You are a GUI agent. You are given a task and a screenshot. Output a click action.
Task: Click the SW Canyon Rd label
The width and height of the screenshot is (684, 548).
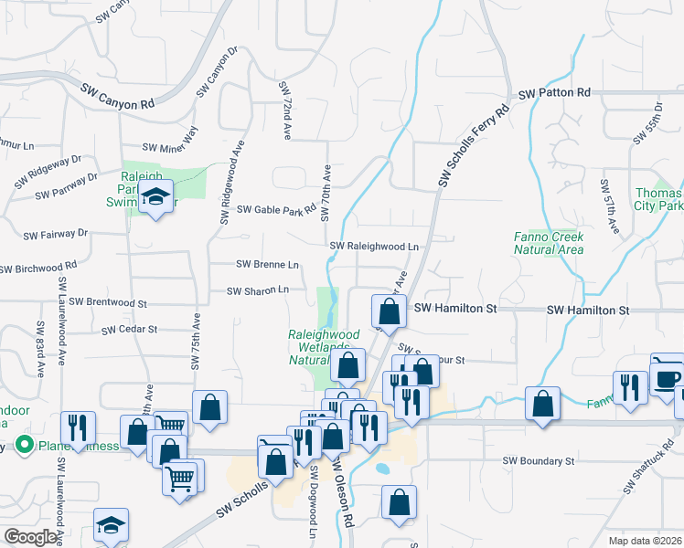(117, 98)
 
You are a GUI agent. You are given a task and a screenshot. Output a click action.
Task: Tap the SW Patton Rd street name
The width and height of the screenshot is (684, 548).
(555, 93)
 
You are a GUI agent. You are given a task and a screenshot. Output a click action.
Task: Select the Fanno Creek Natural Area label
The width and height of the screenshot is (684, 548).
(549, 242)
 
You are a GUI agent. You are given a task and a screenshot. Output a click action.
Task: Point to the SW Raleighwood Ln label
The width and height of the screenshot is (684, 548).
(374, 247)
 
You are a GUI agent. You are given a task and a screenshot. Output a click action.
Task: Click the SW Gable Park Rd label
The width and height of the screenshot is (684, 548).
(276, 210)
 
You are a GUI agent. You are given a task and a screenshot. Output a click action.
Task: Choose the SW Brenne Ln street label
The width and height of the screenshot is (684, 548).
(267, 265)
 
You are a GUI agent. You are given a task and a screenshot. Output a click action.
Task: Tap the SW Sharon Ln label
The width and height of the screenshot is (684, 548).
(258, 290)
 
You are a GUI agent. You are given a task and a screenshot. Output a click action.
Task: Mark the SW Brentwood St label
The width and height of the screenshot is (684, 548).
(108, 301)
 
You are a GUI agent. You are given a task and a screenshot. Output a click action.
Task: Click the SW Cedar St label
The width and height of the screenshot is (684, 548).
(130, 329)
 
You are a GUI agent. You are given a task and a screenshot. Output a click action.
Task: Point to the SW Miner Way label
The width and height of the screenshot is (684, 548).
(170, 142)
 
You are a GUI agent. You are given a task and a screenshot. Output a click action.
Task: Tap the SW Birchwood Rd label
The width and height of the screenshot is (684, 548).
(38, 269)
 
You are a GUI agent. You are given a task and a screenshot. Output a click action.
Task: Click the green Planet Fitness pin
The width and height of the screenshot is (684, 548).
(25, 446)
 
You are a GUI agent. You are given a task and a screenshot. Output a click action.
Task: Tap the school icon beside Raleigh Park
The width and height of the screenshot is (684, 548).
(156, 198)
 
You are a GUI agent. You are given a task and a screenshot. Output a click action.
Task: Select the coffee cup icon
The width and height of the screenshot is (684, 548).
(667, 376)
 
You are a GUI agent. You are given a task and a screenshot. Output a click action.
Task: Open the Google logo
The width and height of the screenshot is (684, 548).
(31, 537)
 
